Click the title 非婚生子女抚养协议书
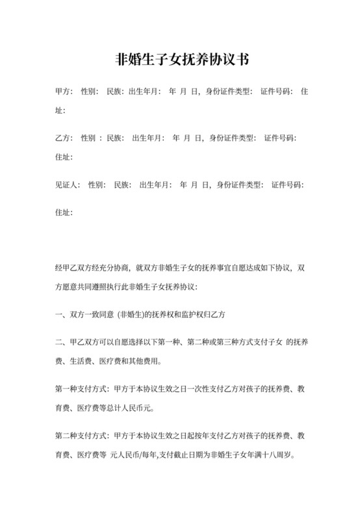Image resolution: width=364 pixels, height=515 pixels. [182, 60]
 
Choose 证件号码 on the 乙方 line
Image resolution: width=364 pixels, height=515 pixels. [281, 139]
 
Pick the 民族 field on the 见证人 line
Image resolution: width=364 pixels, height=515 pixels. [122, 185]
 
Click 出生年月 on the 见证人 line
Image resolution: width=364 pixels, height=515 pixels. [155, 185]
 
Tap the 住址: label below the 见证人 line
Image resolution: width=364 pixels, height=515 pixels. [64, 212]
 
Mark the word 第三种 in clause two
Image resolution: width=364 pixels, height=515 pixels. [218, 343]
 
